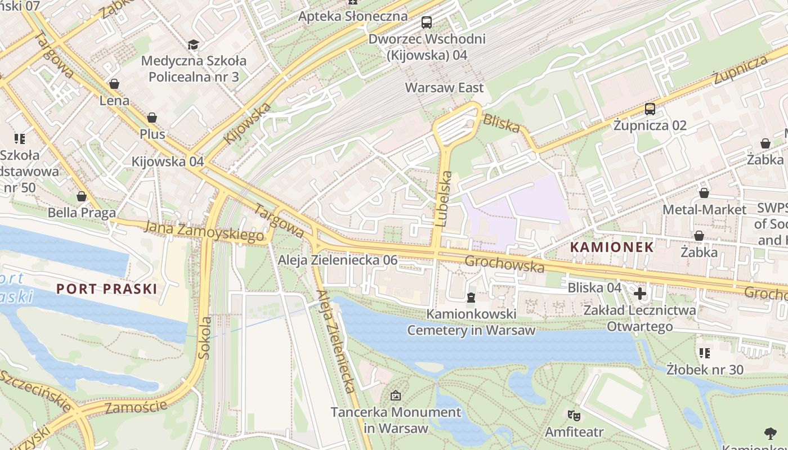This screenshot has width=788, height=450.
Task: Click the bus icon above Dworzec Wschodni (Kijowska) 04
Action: click(x=427, y=22)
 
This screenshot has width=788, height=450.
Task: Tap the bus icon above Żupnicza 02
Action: click(x=650, y=109)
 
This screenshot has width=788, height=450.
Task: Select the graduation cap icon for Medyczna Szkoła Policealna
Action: click(x=193, y=44)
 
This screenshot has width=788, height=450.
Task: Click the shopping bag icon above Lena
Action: click(x=114, y=84)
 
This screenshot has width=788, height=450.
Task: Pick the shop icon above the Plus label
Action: click(x=151, y=118)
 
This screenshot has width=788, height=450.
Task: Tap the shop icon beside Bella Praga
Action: click(x=82, y=196)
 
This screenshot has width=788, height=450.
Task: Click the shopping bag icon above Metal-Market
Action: click(x=704, y=193)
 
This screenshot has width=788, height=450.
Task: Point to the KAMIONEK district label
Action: click(x=612, y=247)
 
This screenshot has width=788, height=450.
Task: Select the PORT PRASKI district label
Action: click(x=106, y=289)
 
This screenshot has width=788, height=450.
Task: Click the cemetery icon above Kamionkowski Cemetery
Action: click(x=471, y=296)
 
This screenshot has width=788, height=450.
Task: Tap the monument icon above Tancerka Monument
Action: click(x=396, y=395)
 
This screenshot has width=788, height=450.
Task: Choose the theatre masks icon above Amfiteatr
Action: click(x=574, y=416)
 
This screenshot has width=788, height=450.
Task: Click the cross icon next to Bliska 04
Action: click(x=640, y=293)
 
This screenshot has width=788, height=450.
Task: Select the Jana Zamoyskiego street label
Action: click(x=204, y=231)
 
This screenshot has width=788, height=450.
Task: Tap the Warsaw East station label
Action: click(x=444, y=88)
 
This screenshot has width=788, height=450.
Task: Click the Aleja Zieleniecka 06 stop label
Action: click(x=338, y=260)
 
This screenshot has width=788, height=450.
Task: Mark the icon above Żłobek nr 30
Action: click(x=704, y=353)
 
